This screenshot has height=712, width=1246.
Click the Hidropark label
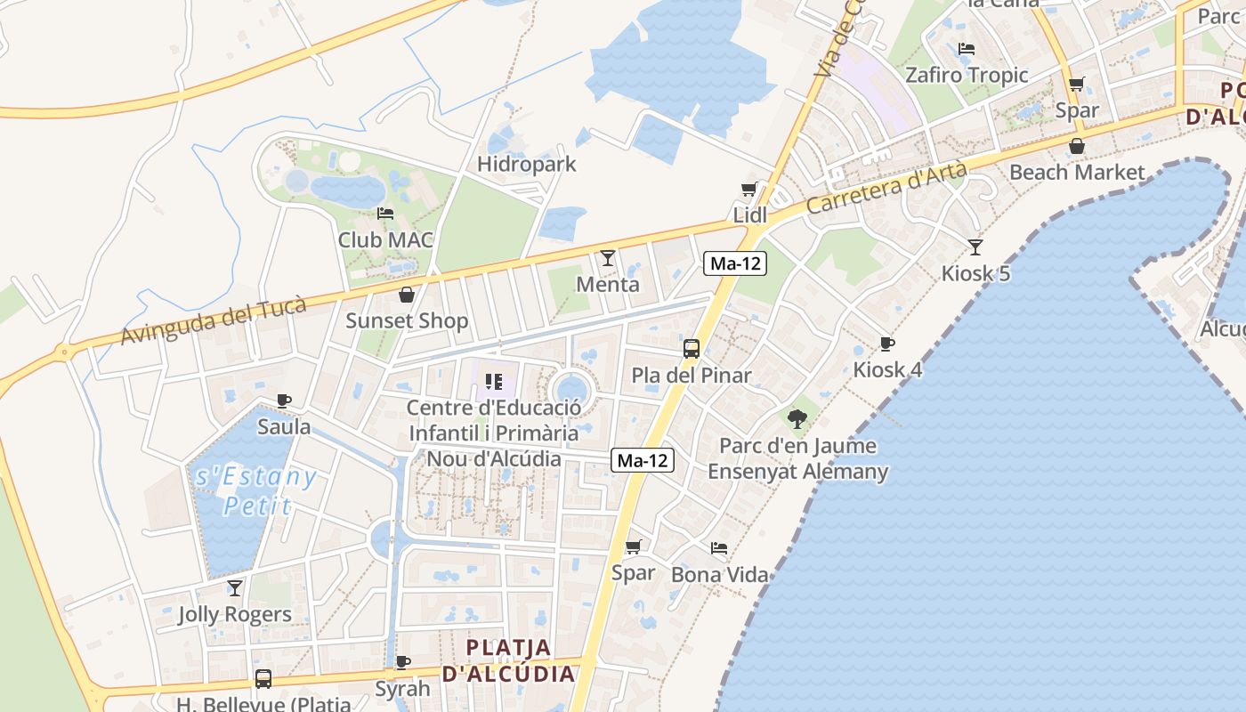click(527, 165)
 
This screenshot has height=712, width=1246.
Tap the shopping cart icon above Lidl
click(749, 189)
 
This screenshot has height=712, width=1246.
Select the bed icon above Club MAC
click(385, 214)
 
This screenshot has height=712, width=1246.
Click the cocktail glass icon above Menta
click(608, 258)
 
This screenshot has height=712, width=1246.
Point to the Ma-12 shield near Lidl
click(735, 264)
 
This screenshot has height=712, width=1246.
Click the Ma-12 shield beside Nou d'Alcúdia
click(643, 461)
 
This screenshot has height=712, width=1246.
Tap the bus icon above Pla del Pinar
click(692, 349)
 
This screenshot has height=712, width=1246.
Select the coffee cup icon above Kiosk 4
click(886, 344)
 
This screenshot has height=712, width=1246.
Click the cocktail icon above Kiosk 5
click(975, 247)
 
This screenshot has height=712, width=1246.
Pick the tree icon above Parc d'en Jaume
click(797, 417)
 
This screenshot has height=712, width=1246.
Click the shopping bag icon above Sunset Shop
click(407, 295)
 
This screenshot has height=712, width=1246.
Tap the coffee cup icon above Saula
click(284, 400)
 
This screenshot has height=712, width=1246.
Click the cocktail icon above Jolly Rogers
click(235, 587)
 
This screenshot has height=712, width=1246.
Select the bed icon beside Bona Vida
click(719, 548)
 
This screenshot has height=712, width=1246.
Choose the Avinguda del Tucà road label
click(214, 321)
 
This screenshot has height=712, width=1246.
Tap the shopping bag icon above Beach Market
click(1077, 146)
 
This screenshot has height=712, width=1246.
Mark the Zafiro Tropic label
click(967, 76)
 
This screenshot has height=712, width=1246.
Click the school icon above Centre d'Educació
click(494, 382)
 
